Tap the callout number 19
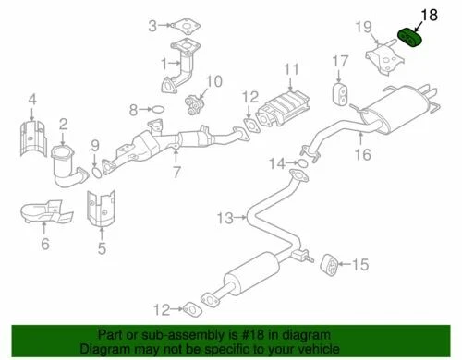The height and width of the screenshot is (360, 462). click(364, 27)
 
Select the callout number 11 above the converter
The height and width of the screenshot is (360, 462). click(291, 69)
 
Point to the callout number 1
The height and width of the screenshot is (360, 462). click(164, 64)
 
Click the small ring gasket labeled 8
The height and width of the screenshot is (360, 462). click(156, 110)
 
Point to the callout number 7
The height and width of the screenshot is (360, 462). click(176, 172)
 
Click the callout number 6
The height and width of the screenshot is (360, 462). click(43, 244)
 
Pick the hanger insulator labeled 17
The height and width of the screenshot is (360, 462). click(340, 96)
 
